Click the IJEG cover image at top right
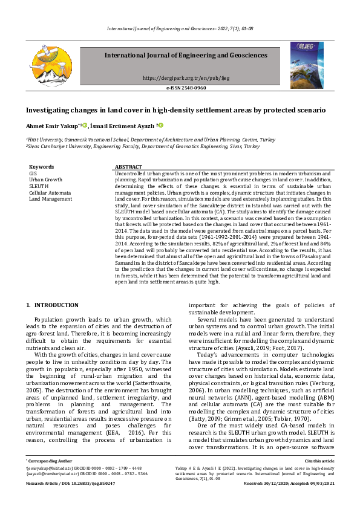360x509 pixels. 307,65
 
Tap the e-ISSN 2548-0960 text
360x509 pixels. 186,88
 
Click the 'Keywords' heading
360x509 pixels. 42,167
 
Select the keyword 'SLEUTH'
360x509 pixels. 39,186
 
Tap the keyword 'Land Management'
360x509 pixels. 50,199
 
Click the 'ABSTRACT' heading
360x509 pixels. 128,167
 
